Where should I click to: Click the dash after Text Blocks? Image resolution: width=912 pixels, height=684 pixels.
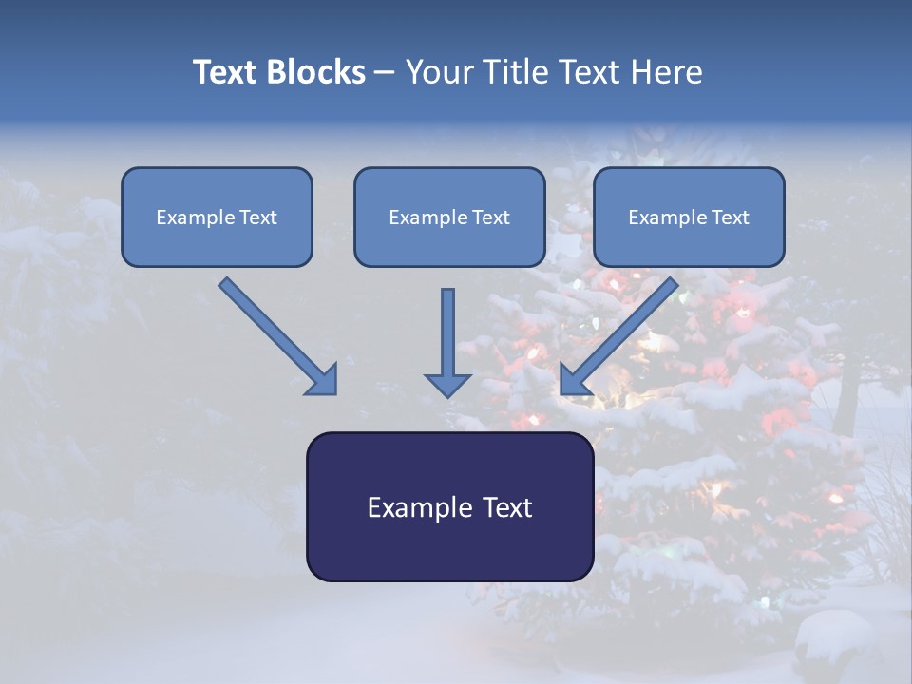click(x=384, y=73)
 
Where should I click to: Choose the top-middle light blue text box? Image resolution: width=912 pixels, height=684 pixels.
click(x=449, y=242)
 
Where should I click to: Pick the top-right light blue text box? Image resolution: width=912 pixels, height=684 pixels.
click(x=689, y=242)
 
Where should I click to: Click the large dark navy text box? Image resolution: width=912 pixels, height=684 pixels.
click(x=449, y=546)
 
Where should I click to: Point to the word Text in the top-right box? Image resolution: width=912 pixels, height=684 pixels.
click(x=730, y=218)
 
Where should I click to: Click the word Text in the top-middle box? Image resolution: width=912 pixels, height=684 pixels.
click(x=490, y=218)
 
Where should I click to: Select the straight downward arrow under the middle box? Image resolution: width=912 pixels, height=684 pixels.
click(x=447, y=332)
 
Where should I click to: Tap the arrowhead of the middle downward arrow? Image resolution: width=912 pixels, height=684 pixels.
click(x=447, y=383)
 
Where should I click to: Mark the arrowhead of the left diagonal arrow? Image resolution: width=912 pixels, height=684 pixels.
click(x=323, y=379)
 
